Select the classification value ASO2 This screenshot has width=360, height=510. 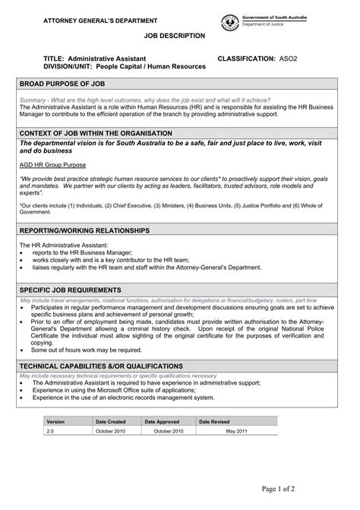coord(289,58)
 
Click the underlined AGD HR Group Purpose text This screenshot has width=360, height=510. coord(52,164)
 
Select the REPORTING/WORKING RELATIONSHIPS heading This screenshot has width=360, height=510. coord(95,230)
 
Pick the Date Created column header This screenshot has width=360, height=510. coord(111,420)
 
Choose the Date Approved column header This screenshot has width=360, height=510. coord(162,420)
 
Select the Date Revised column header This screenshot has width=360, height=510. coord(214,420)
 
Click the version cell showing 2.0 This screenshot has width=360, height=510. coord(51,430)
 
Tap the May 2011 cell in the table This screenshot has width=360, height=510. coord(237,430)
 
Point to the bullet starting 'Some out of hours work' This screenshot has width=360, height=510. coord(87,350)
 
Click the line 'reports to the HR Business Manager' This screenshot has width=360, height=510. coord(82,252)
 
